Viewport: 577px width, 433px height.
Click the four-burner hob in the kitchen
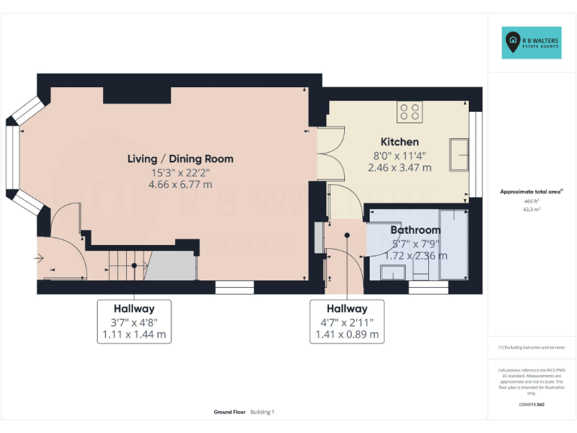coord(410,112)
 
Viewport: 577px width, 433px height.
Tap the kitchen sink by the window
coord(458,154)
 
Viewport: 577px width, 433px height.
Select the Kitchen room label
coord(399,141)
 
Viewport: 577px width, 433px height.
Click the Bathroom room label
coord(415,230)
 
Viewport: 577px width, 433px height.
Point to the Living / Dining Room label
coord(180,159)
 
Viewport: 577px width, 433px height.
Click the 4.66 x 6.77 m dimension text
coord(180,184)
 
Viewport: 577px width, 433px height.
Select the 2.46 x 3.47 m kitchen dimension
coord(399,168)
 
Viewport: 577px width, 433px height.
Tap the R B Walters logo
coord(531,43)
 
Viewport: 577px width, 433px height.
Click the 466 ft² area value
coord(531,201)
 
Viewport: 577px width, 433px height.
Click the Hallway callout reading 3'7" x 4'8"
coord(134,321)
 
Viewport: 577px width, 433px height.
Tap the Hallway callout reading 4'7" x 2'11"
coord(347,321)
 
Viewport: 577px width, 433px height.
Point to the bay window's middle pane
coord(12,159)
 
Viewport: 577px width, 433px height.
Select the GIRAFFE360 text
coord(531,405)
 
